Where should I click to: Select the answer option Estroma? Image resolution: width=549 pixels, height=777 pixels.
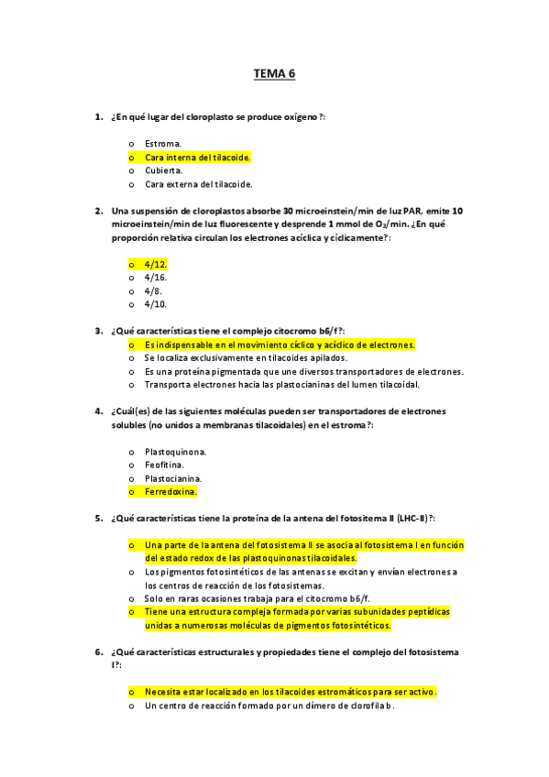163,144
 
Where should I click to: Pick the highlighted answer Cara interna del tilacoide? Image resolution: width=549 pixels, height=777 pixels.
197,158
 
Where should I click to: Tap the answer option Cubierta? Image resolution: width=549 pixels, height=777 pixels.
164,170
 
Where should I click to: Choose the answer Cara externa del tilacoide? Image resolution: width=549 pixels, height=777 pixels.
198,184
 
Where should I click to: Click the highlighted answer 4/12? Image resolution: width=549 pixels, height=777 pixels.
155,264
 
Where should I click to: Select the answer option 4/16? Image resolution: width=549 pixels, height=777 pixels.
155,277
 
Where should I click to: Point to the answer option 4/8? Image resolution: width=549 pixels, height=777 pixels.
153,290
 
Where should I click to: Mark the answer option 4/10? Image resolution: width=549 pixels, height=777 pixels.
155,304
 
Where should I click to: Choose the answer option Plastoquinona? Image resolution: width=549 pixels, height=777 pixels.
175,452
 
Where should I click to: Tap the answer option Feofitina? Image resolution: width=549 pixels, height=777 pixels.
165,465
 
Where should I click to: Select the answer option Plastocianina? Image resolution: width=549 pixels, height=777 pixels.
173,478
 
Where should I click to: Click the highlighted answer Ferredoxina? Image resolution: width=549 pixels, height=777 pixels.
170,492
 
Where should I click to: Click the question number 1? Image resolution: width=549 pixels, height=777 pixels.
98,117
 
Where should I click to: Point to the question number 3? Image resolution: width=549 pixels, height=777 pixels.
98,331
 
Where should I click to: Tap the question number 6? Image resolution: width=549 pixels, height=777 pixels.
98,652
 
